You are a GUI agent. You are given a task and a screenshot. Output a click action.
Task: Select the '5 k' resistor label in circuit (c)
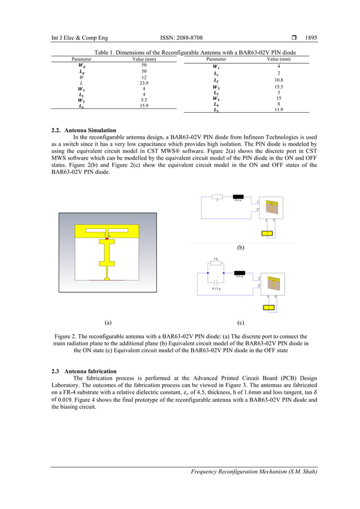tap(215, 260)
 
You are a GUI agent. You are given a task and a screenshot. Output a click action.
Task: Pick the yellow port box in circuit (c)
tap(270, 308)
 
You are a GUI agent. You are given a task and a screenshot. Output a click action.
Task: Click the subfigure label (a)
tap(108, 323)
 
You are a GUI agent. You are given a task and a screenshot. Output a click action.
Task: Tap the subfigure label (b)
tap(241, 247)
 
